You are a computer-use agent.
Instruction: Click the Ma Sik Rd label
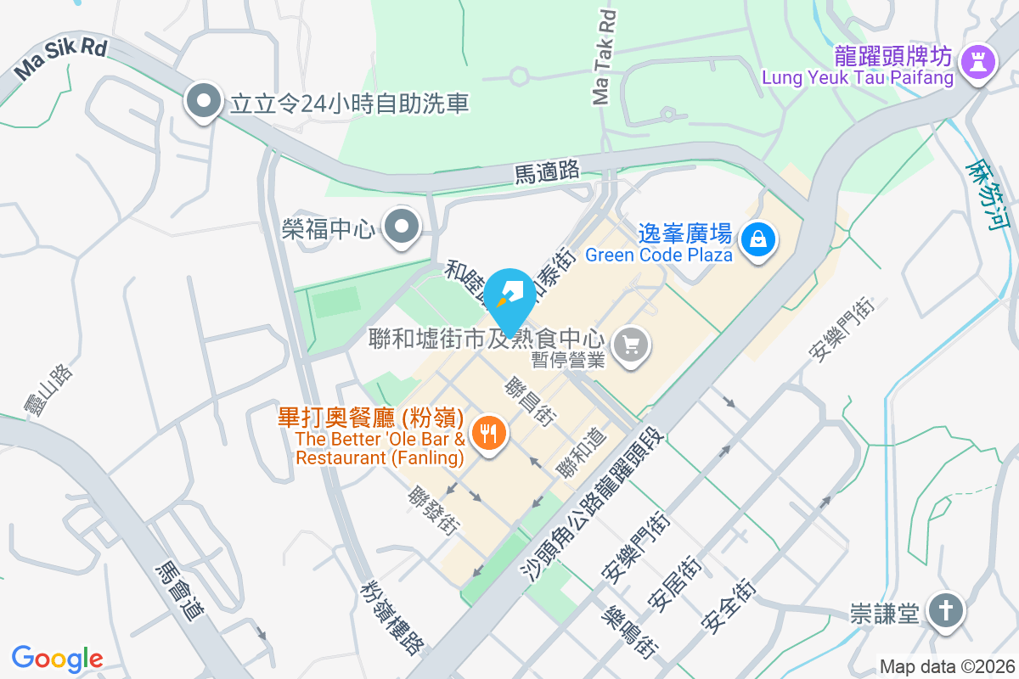(60, 59)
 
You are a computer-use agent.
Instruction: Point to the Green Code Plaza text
(659, 255)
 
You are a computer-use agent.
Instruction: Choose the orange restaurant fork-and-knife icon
(488, 435)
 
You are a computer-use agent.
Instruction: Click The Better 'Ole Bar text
(380, 440)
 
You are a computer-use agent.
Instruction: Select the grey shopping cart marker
(630, 345)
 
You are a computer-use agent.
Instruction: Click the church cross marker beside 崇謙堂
(945, 609)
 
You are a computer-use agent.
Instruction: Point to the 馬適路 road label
(548, 171)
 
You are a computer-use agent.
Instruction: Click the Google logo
(58, 659)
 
